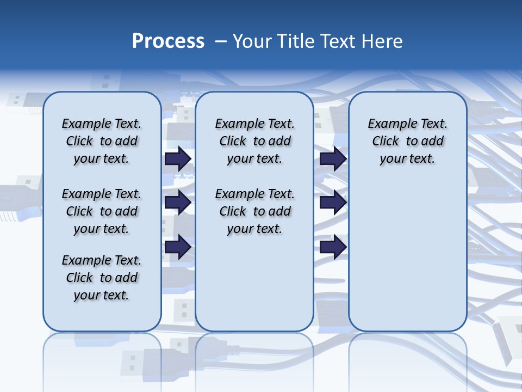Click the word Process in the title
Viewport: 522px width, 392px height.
pyautogui.click(x=168, y=41)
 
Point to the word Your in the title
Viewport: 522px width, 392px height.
pyautogui.click(x=253, y=41)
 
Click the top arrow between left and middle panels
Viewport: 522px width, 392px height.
pyautogui.click(x=178, y=158)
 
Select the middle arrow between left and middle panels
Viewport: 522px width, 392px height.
pyautogui.click(x=178, y=203)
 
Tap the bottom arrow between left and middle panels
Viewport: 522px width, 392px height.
pyautogui.click(x=178, y=247)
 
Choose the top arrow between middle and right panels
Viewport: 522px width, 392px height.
pyautogui.click(x=333, y=158)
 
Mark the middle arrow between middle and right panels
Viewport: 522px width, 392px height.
pyautogui.click(x=333, y=203)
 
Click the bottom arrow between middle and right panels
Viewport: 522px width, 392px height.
pyautogui.click(x=333, y=247)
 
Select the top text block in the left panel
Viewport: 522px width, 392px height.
pyautogui.click(x=102, y=141)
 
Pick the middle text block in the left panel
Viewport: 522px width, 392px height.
pyautogui.click(x=102, y=211)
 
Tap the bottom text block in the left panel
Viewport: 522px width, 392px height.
pyautogui.click(x=102, y=278)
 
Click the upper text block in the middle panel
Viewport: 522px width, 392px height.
pyautogui.click(x=254, y=141)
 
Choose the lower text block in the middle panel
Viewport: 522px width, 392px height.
pyautogui.click(x=254, y=211)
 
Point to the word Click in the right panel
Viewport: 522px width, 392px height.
pyautogui.click(x=386, y=142)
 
